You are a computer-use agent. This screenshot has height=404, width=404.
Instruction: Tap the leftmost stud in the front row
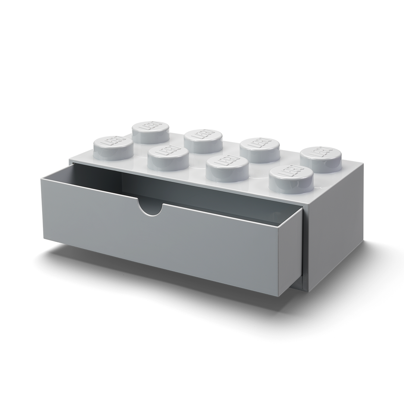(x=113, y=147)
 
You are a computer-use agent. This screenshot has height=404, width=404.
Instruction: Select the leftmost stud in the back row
(x=151, y=132)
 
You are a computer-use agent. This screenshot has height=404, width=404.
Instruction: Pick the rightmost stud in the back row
(x=321, y=159)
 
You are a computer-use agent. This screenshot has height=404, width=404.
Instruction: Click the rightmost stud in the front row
(x=291, y=178)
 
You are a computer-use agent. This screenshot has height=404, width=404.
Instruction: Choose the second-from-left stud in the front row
(x=168, y=156)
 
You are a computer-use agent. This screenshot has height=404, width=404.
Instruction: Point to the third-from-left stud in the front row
(x=227, y=168)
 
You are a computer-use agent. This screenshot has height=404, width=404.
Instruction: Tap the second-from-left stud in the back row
(x=203, y=140)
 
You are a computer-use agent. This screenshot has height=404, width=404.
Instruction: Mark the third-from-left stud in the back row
(x=260, y=149)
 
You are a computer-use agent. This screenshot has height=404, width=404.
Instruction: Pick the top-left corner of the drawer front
(x=41, y=178)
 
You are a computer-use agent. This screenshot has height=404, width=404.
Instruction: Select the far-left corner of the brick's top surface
(x=70, y=160)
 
